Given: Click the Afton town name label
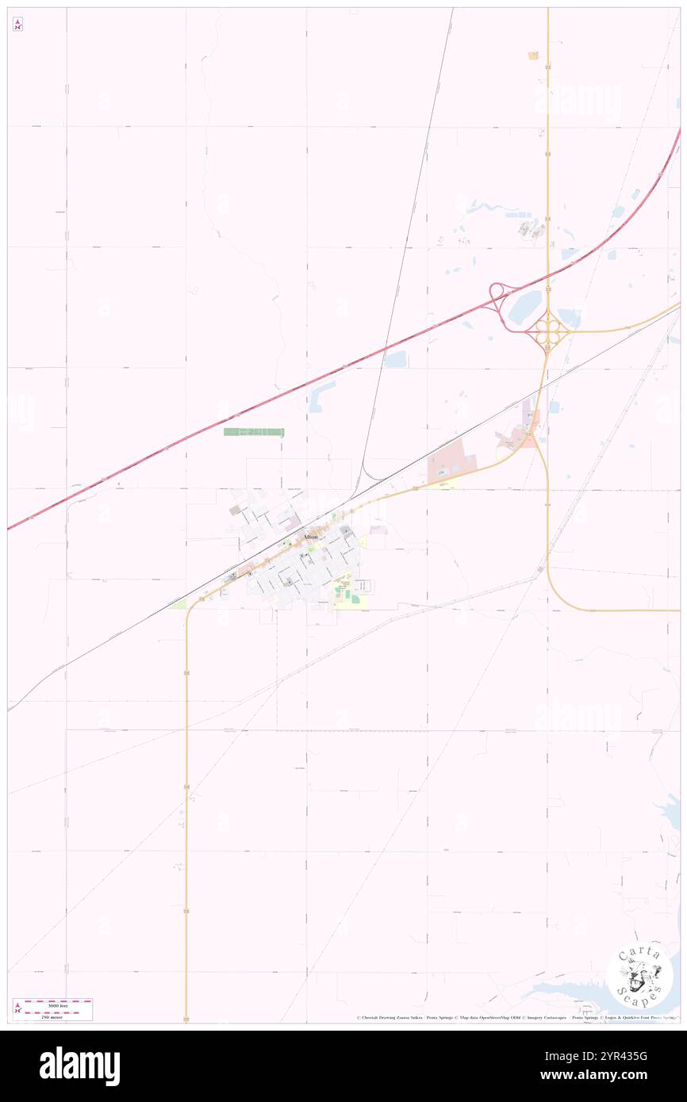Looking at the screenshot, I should [x=309, y=537].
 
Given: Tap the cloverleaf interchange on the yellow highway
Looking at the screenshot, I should [x=547, y=331].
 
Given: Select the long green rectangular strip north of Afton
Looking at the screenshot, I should [x=253, y=432].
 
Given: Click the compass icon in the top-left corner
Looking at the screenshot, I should [x=17, y=25].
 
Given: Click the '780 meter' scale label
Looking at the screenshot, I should [x=52, y=1016].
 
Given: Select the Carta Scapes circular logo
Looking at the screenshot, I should [x=639, y=974].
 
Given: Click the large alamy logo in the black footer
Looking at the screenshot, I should [x=79, y=1066].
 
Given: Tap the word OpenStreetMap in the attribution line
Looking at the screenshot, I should [x=493, y=1017].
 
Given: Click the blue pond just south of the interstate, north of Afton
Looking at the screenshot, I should [x=395, y=359].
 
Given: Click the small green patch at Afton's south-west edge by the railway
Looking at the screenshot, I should [x=178, y=604].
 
